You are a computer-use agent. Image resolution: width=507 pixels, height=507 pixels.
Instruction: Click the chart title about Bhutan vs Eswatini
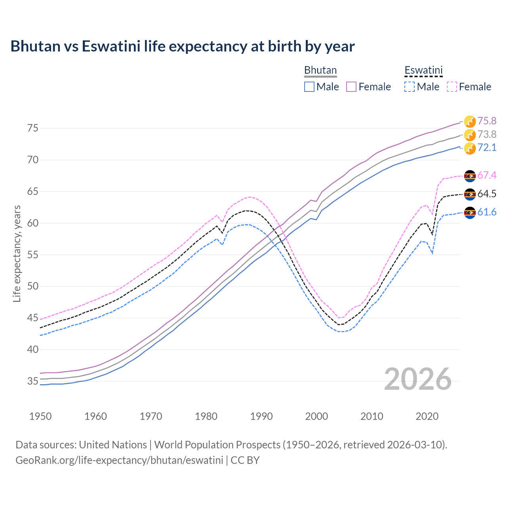coord(182,46)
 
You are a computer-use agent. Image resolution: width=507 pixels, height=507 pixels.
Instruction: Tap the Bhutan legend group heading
coord(320,70)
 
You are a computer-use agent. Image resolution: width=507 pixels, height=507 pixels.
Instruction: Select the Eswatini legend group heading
coord(423,70)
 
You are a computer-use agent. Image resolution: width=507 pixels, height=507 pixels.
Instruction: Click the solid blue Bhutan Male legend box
coord(309,87)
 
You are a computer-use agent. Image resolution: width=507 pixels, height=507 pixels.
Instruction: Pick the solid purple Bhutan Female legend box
coord(351,87)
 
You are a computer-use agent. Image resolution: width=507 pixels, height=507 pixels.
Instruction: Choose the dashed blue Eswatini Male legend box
coord(410,87)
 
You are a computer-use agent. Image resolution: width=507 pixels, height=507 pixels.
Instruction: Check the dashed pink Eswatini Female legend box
coord(452,87)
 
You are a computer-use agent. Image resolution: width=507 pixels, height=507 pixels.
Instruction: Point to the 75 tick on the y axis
coord(32,128)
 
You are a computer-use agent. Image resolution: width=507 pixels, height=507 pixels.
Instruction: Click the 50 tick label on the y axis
coord(32,286)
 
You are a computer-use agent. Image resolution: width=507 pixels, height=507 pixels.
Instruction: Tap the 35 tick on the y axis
coord(32,381)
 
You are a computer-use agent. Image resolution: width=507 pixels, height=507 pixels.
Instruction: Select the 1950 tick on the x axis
coord(40,416)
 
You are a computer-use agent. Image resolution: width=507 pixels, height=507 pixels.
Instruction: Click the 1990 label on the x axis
coord(261,416)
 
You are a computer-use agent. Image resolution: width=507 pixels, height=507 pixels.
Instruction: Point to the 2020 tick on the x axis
coord(427,416)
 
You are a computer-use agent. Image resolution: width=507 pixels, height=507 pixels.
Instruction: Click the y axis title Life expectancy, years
coord(17,253)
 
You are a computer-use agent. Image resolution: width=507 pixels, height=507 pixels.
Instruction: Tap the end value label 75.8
coord(487,121)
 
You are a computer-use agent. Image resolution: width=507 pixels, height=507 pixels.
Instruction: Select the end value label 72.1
coord(487,148)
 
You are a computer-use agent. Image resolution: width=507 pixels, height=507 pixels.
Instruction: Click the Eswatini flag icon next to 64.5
coord(470,194)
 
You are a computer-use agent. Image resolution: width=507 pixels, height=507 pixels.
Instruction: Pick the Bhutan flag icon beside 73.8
coord(470,135)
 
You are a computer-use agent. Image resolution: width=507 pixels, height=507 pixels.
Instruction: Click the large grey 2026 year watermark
coord(417,379)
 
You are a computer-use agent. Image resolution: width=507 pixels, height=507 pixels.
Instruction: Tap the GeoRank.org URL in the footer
coord(119,460)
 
